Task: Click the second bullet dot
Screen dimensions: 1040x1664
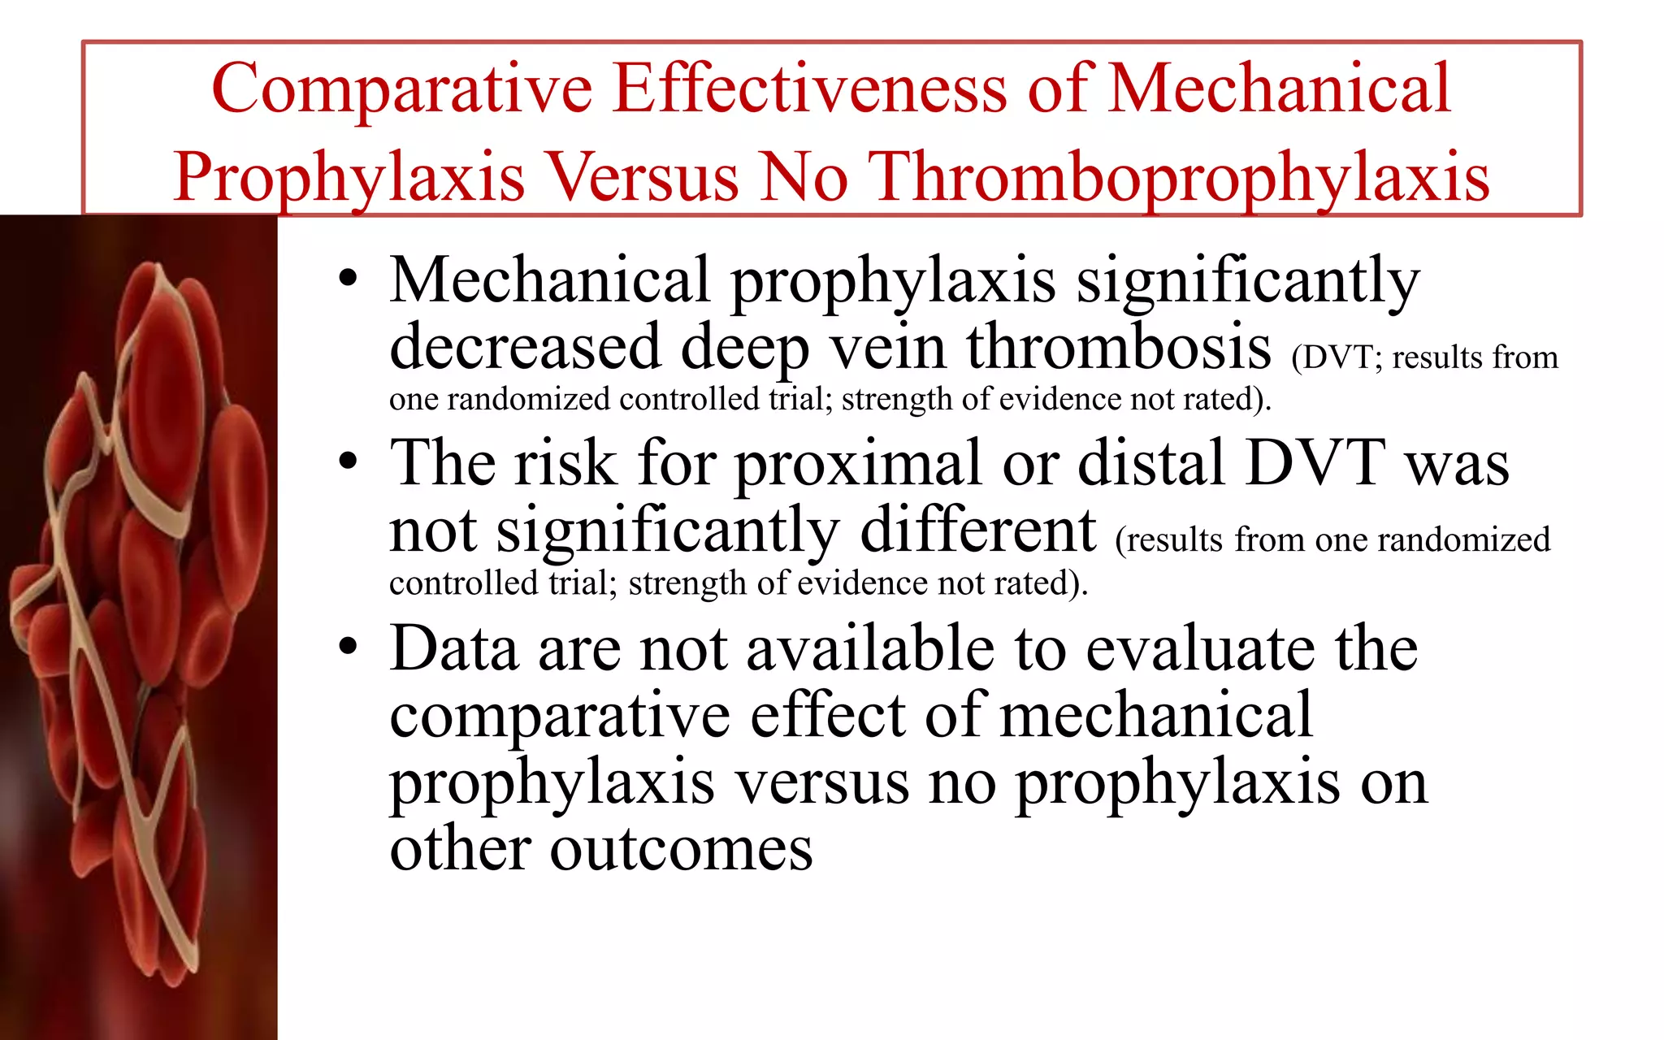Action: (348, 462)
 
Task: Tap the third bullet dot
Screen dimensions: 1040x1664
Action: (348, 648)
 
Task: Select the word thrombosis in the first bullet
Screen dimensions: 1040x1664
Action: (1118, 346)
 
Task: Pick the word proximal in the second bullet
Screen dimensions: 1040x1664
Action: (858, 463)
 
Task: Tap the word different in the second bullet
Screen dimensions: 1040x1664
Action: (978, 530)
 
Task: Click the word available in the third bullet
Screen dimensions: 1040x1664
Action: (869, 648)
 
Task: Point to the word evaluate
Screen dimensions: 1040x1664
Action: (1199, 648)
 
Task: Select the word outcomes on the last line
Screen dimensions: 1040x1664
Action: (681, 850)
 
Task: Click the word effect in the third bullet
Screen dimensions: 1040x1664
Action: (827, 715)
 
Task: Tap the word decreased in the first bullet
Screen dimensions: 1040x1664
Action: (525, 348)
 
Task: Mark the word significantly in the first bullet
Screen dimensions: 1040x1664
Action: (1248, 281)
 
